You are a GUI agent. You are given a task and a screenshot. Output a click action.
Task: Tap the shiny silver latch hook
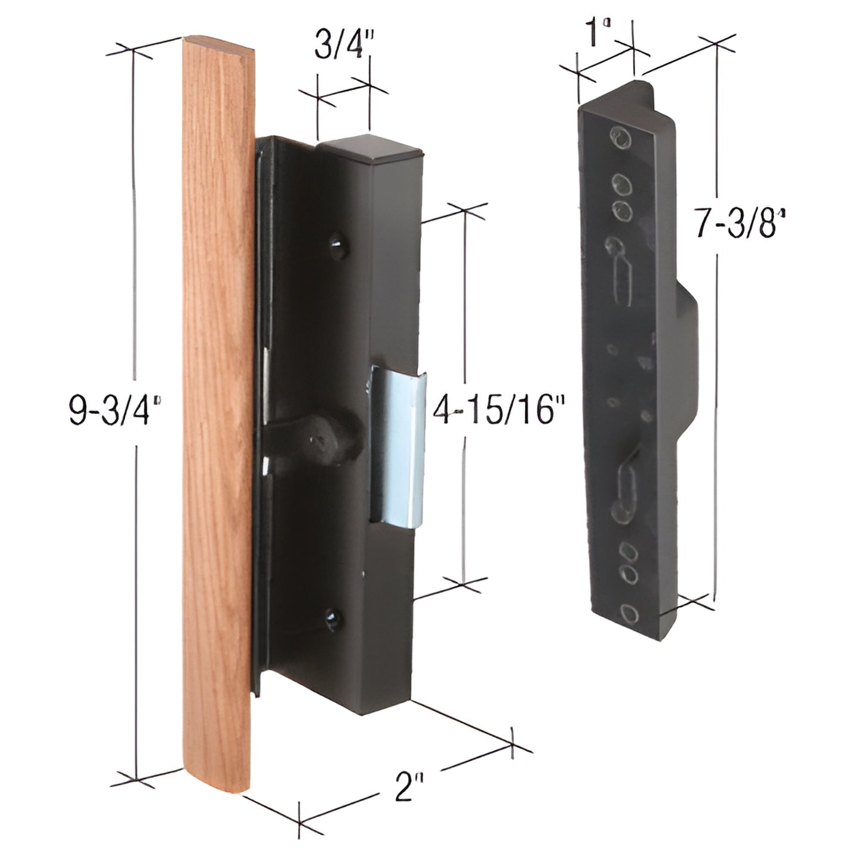point(399,452)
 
